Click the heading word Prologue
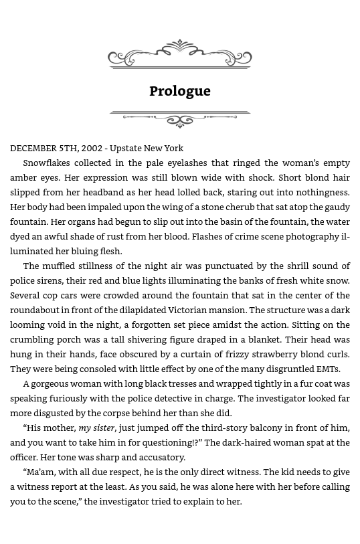click(x=179, y=91)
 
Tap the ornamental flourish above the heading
click(x=179, y=54)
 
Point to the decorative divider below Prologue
click(x=179, y=118)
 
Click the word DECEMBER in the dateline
click(x=35, y=149)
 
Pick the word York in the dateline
click(x=171, y=149)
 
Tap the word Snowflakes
click(x=50, y=163)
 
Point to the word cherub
click(x=246, y=207)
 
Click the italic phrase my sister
click(x=96, y=428)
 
